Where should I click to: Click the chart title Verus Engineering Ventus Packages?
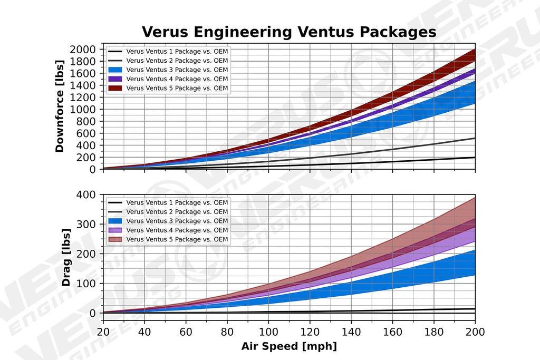point(288,32)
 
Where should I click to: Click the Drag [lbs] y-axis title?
point(67,257)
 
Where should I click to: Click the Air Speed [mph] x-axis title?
point(288,346)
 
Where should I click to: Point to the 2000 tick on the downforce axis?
point(82,49)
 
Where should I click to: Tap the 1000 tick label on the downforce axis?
point(82,109)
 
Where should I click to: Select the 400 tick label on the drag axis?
point(85,194)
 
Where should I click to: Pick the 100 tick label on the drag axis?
point(85,284)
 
